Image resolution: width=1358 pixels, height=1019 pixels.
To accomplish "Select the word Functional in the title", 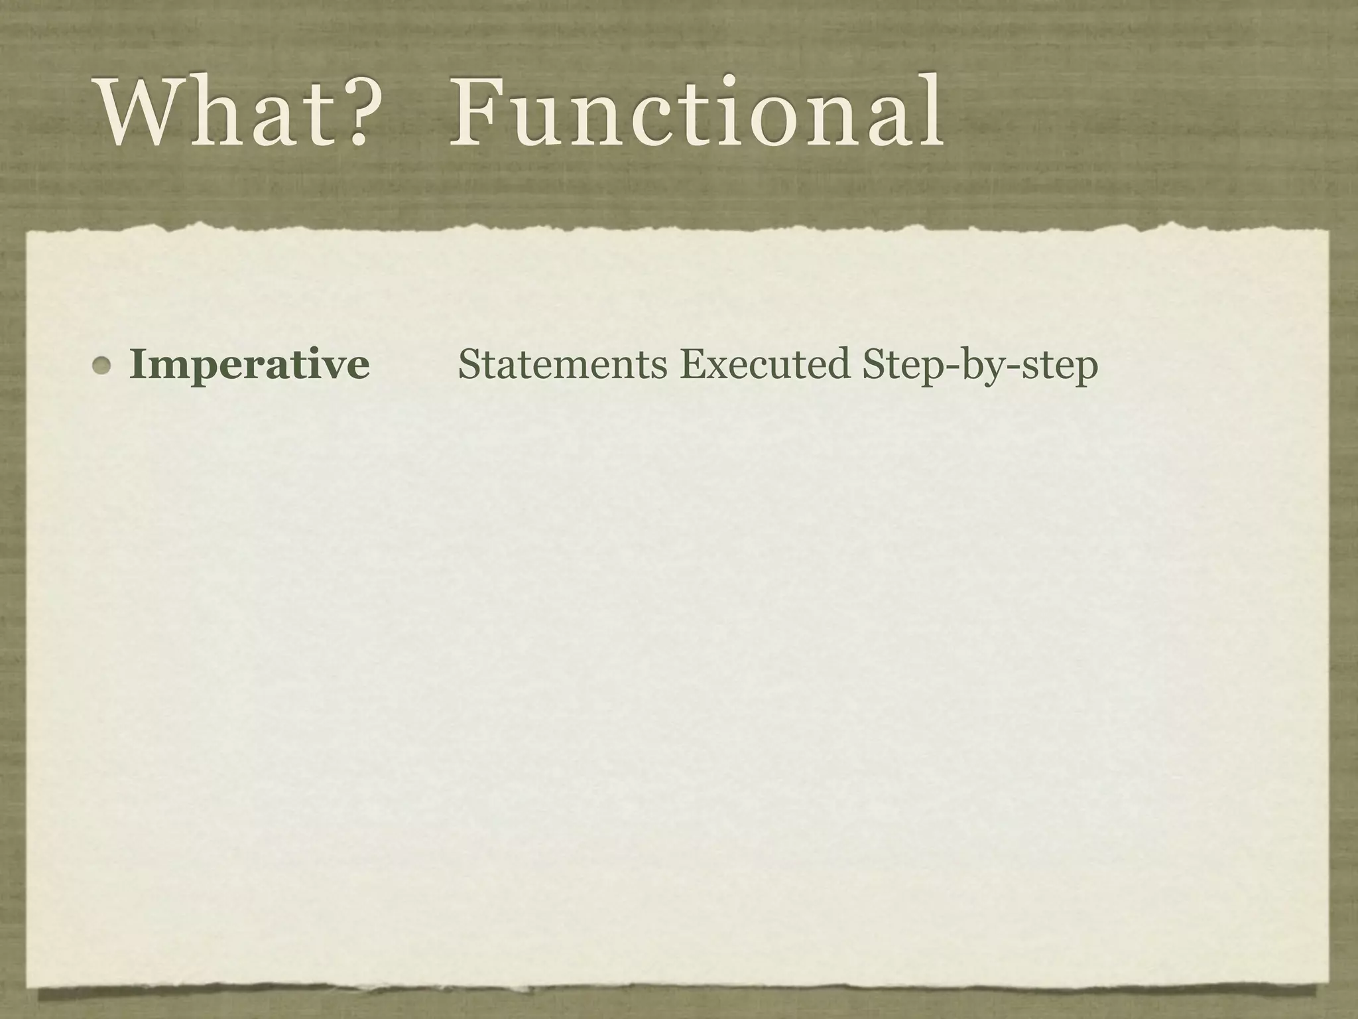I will (x=696, y=113).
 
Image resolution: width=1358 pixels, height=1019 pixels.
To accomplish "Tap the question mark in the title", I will (x=345, y=113).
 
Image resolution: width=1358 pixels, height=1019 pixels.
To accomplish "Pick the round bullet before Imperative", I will (x=102, y=366).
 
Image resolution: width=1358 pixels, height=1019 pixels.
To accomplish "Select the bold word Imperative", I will (x=249, y=366).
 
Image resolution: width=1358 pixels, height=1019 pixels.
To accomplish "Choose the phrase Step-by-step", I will (x=980, y=366).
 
